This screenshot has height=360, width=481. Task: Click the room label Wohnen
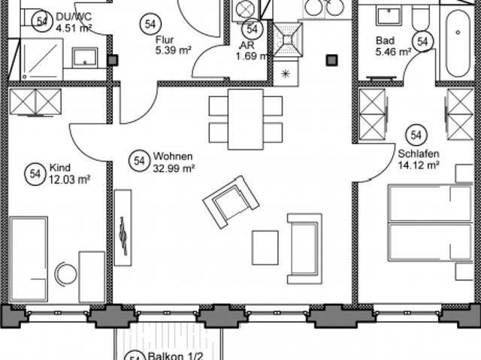(173, 156)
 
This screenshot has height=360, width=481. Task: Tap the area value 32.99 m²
(174, 168)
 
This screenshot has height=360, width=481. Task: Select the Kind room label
(60, 168)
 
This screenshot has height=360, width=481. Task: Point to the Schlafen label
(419, 153)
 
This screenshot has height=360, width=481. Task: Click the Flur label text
(165, 40)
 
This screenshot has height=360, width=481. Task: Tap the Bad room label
(385, 41)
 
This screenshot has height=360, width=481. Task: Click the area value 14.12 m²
(419, 165)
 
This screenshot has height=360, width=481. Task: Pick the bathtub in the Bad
(458, 44)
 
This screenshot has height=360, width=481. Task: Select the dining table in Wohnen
(246, 119)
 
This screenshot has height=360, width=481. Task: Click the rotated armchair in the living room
(231, 201)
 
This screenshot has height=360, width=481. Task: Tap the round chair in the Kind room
(65, 274)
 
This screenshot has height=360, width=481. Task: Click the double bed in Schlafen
(430, 222)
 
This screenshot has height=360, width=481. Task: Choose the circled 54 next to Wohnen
(139, 161)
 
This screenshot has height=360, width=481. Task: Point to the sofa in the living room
(304, 249)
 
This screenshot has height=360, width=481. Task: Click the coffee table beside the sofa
(265, 248)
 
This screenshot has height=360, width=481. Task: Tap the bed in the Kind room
(29, 259)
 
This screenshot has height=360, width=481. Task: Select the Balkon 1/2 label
(175, 356)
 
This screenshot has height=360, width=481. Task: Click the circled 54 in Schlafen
(416, 135)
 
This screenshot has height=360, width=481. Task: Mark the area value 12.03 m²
(70, 180)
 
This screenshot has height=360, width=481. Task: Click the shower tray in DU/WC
(42, 59)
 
